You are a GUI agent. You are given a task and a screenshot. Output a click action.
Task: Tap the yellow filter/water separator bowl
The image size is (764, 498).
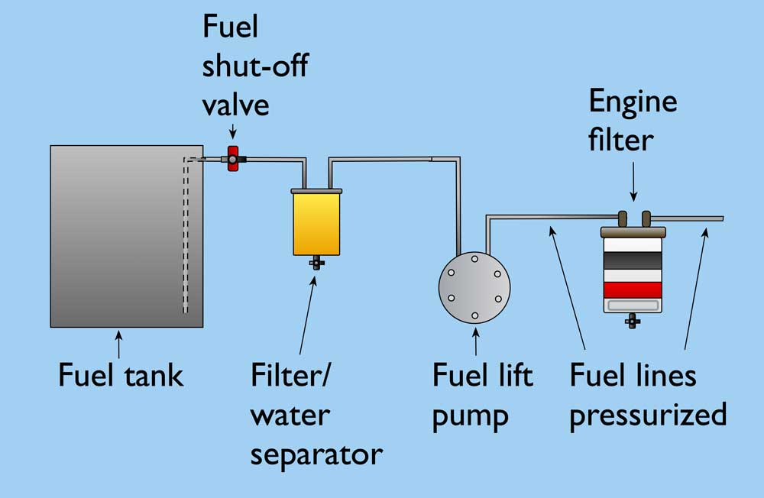(x=316, y=223)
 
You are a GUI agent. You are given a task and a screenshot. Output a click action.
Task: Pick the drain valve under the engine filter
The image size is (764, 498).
(x=632, y=322)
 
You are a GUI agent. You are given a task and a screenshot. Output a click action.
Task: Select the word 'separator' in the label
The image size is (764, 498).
(x=316, y=454)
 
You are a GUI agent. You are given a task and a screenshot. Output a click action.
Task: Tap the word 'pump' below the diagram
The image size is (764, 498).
(x=471, y=416)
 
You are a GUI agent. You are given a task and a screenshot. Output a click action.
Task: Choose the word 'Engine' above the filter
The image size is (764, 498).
(x=633, y=102)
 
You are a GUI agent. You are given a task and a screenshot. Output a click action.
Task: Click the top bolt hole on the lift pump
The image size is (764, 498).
(x=474, y=260)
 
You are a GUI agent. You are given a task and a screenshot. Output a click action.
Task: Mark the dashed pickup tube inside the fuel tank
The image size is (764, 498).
(x=185, y=237)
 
